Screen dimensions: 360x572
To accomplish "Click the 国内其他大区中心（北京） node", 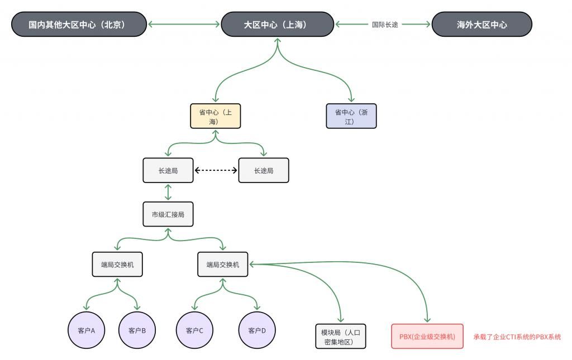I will point(79,25).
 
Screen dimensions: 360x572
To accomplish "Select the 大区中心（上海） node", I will point(278,25).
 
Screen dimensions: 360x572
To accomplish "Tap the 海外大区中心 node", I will point(482,25).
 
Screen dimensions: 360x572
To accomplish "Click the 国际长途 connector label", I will point(385,25).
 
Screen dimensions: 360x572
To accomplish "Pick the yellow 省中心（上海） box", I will point(216,116).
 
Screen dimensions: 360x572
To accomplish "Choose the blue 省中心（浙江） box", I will point(351,116).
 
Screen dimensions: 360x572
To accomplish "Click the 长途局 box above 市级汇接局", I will point(168,170).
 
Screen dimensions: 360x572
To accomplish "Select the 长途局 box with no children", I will point(264,170).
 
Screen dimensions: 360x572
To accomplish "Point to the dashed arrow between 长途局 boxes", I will point(216,170).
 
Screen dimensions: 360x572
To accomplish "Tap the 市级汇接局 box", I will point(168,214).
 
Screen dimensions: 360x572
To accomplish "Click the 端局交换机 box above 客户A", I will point(117,265).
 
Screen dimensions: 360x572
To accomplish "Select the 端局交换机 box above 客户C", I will point(222,265).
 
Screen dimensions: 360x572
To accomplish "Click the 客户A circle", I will point(86,330).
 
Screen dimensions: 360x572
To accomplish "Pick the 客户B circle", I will point(137,330).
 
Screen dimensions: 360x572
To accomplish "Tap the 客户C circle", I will point(194,330).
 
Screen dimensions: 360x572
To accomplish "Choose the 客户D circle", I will point(257,330).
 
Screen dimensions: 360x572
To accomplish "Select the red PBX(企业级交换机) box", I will point(427,337).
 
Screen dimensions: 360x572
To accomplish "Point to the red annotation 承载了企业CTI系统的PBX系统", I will point(517,337).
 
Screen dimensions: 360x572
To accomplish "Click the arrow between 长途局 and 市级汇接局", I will point(168,192).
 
